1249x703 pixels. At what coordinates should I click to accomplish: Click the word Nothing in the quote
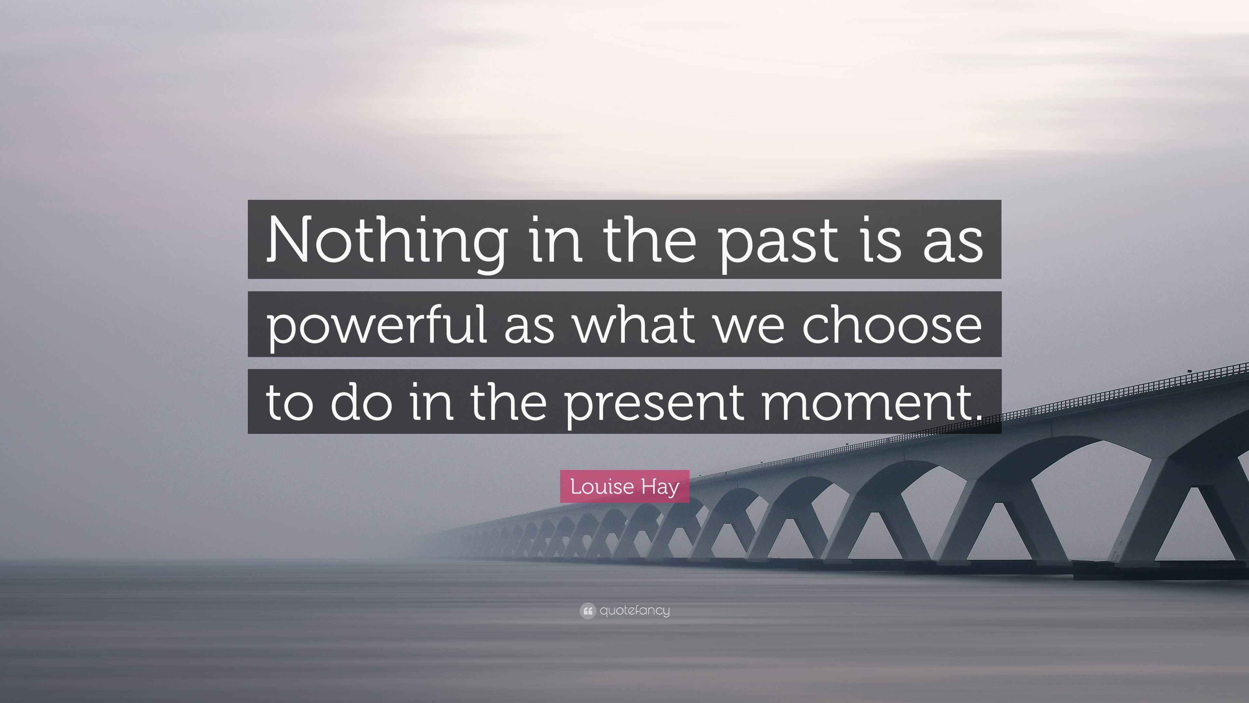(385, 241)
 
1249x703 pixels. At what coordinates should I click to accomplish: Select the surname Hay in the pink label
(661, 487)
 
